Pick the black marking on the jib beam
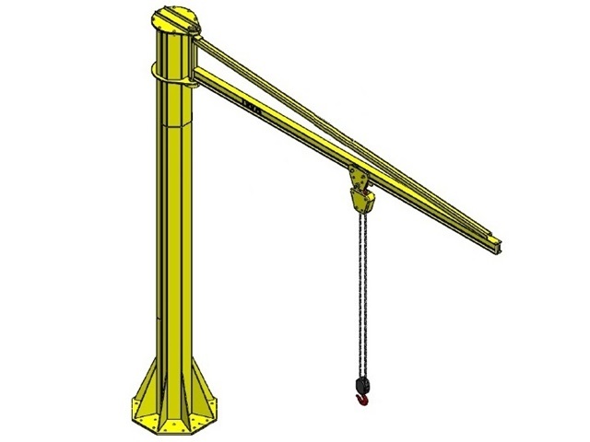point(249,106)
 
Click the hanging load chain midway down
point(360,295)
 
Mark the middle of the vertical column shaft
point(173,230)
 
